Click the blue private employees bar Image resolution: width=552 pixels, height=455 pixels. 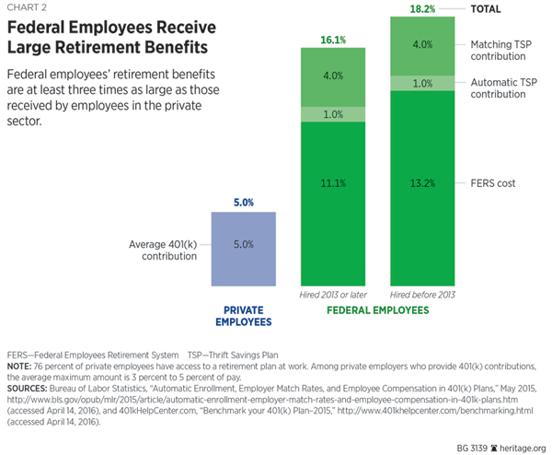click(x=244, y=247)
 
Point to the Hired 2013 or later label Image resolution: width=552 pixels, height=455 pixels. click(x=333, y=294)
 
